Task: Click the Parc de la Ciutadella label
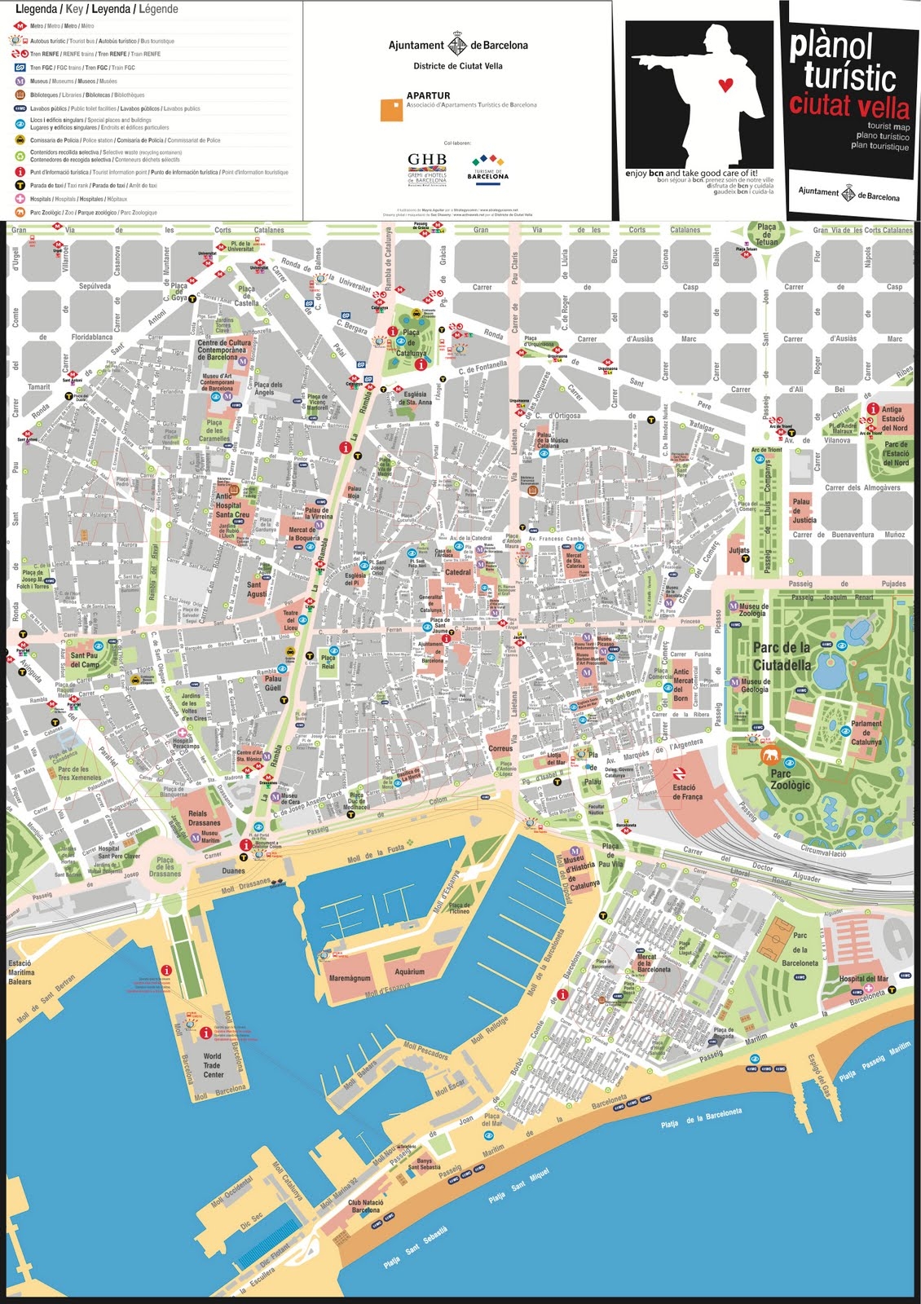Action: (x=782, y=656)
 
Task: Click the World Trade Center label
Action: (x=212, y=1065)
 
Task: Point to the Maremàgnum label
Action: (x=350, y=978)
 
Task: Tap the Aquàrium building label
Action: (x=409, y=971)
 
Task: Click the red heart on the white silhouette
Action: (x=728, y=84)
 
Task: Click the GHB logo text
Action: (x=426, y=159)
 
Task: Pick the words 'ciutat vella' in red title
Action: (x=848, y=107)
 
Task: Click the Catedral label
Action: (x=458, y=572)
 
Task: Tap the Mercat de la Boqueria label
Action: (x=304, y=534)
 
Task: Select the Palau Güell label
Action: (x=273, y=683)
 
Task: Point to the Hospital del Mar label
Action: (x=863, y=979)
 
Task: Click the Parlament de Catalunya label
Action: (x=866, y=732)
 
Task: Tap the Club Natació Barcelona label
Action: (x=366, y=1205)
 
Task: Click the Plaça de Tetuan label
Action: (x=766, y=234)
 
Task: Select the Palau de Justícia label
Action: (x=803, y=511)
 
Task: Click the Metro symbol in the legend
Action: (x=20, y=26)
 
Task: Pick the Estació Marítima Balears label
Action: (x=20, y=972)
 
